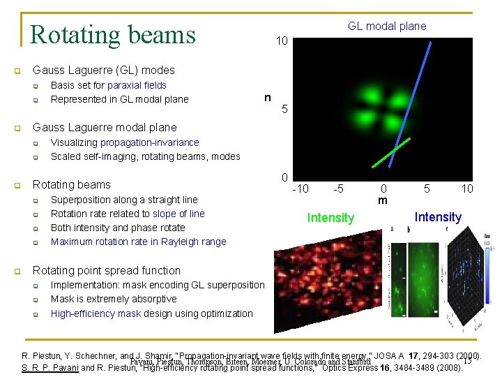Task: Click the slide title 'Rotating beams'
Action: click(x=113, y=34)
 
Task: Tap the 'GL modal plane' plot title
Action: click(x=387, y=26)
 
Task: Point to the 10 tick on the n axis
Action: click(x=281, y=42)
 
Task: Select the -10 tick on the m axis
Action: click(x=301, y=188)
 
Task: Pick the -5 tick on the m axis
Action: click(x=338, y=188)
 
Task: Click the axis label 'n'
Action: click(x=267, y=97)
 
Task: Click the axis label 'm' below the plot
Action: click(x=383, y=200)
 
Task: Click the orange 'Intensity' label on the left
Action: click(x=330, y=218)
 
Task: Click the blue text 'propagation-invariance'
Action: click(x=149, y=142)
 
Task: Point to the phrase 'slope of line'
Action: click(x=178, y=214)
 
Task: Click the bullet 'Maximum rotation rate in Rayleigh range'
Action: click(x=138, y=242)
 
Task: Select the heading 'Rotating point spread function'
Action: click(x=107, y=270)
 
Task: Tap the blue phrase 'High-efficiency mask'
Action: click(x=96, y=313)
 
